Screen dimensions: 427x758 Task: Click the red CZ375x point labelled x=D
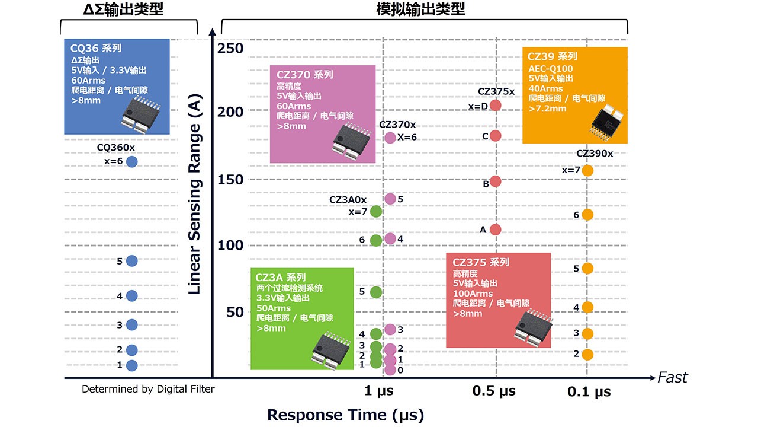(496, 106)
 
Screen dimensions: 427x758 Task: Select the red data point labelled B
(496, 181)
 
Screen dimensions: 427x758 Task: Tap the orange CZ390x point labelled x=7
(587, 170)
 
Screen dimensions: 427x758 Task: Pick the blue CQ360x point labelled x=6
(131, 161)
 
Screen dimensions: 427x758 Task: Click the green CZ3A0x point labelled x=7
(375, 211)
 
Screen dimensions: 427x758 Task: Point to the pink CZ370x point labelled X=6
(390, 138)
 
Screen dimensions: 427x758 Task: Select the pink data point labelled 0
(390, 370)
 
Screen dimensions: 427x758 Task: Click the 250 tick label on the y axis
(230, 48)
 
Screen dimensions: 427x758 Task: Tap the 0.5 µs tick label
(494, 391)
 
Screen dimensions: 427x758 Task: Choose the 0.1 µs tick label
(589, 392)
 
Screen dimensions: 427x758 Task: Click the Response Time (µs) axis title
(345, 415)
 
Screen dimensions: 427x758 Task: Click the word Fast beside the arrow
(673, 377)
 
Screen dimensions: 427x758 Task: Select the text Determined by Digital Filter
(148, 389)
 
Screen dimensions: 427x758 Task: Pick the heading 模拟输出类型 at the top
(420, 9)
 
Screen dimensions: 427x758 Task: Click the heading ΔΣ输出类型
(123, 9)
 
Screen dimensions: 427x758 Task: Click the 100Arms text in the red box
(473, 294)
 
